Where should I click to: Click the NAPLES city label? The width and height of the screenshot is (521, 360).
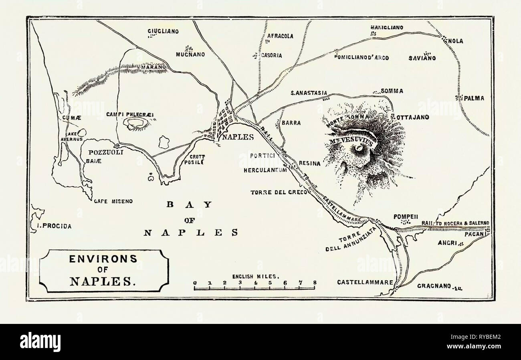(x=238, y=136)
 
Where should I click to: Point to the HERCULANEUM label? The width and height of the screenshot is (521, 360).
(x=265, y=170)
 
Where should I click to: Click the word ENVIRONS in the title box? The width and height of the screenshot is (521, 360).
(x=103, y=259)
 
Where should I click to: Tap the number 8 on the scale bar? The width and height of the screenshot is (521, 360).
(x=315, y=283)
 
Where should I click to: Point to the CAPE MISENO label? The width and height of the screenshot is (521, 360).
(x=113, y=201)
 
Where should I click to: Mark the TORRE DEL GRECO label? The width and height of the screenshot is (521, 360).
(x=279, y=192)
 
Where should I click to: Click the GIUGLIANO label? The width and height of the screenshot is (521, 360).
(x=162, y=31)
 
